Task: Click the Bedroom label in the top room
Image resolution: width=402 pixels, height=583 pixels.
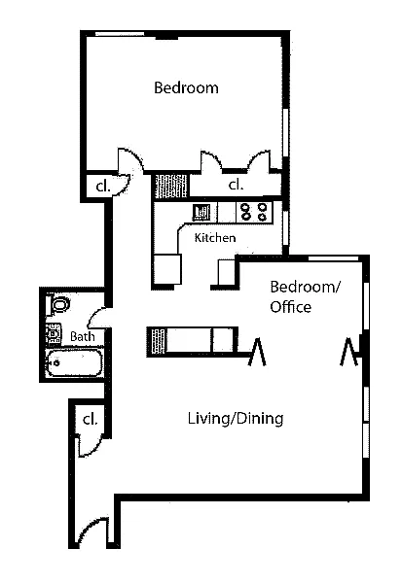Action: point(186,88)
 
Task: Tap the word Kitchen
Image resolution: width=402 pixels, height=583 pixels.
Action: point(215,238)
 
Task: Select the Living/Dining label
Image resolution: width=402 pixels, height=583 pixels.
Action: point(236,419)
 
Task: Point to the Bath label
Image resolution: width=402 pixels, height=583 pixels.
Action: point(83,337)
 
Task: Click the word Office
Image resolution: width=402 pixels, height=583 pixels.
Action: point(291,307)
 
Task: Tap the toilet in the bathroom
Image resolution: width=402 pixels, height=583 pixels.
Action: point(58,304)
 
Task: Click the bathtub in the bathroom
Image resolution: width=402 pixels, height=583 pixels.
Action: point(74,362)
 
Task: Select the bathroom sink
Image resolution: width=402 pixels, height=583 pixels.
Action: point(54,333)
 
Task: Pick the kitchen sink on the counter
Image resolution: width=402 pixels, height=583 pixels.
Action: point(201,212)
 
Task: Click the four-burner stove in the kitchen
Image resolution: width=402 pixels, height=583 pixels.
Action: point(254,212)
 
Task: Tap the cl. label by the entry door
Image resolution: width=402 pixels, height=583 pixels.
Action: point(90,420)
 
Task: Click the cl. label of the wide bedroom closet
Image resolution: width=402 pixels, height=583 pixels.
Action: point(236,185)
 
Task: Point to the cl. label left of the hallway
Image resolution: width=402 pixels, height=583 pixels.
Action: point(103,187)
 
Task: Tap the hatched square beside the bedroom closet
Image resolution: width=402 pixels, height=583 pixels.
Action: point(170,186)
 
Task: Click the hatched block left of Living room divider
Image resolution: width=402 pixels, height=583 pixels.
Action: point(157,342)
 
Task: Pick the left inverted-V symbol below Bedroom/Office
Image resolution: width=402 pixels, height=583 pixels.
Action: point(257,352)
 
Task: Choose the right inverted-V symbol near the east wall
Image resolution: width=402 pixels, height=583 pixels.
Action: point(348,352)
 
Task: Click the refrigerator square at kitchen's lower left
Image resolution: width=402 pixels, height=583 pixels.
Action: point(167,269)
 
